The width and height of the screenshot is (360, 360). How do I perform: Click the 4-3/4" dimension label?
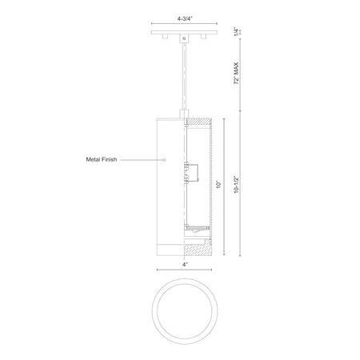coord(185,18)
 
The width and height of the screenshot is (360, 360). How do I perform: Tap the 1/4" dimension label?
coord(236,31)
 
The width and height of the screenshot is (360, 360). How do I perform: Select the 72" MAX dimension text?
coord(236,74)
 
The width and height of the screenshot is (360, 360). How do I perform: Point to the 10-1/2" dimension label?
coord(236,185)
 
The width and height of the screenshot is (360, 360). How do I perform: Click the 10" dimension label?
coord(219,185)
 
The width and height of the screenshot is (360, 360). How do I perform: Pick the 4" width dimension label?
coord(185,264)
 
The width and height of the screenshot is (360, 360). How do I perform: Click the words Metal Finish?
coord(102,159)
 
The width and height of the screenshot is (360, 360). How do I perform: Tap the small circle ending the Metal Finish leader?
coord(165,160)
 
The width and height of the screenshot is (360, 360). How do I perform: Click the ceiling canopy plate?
coord(184,33)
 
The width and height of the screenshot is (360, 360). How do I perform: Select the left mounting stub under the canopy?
coord(164,37)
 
